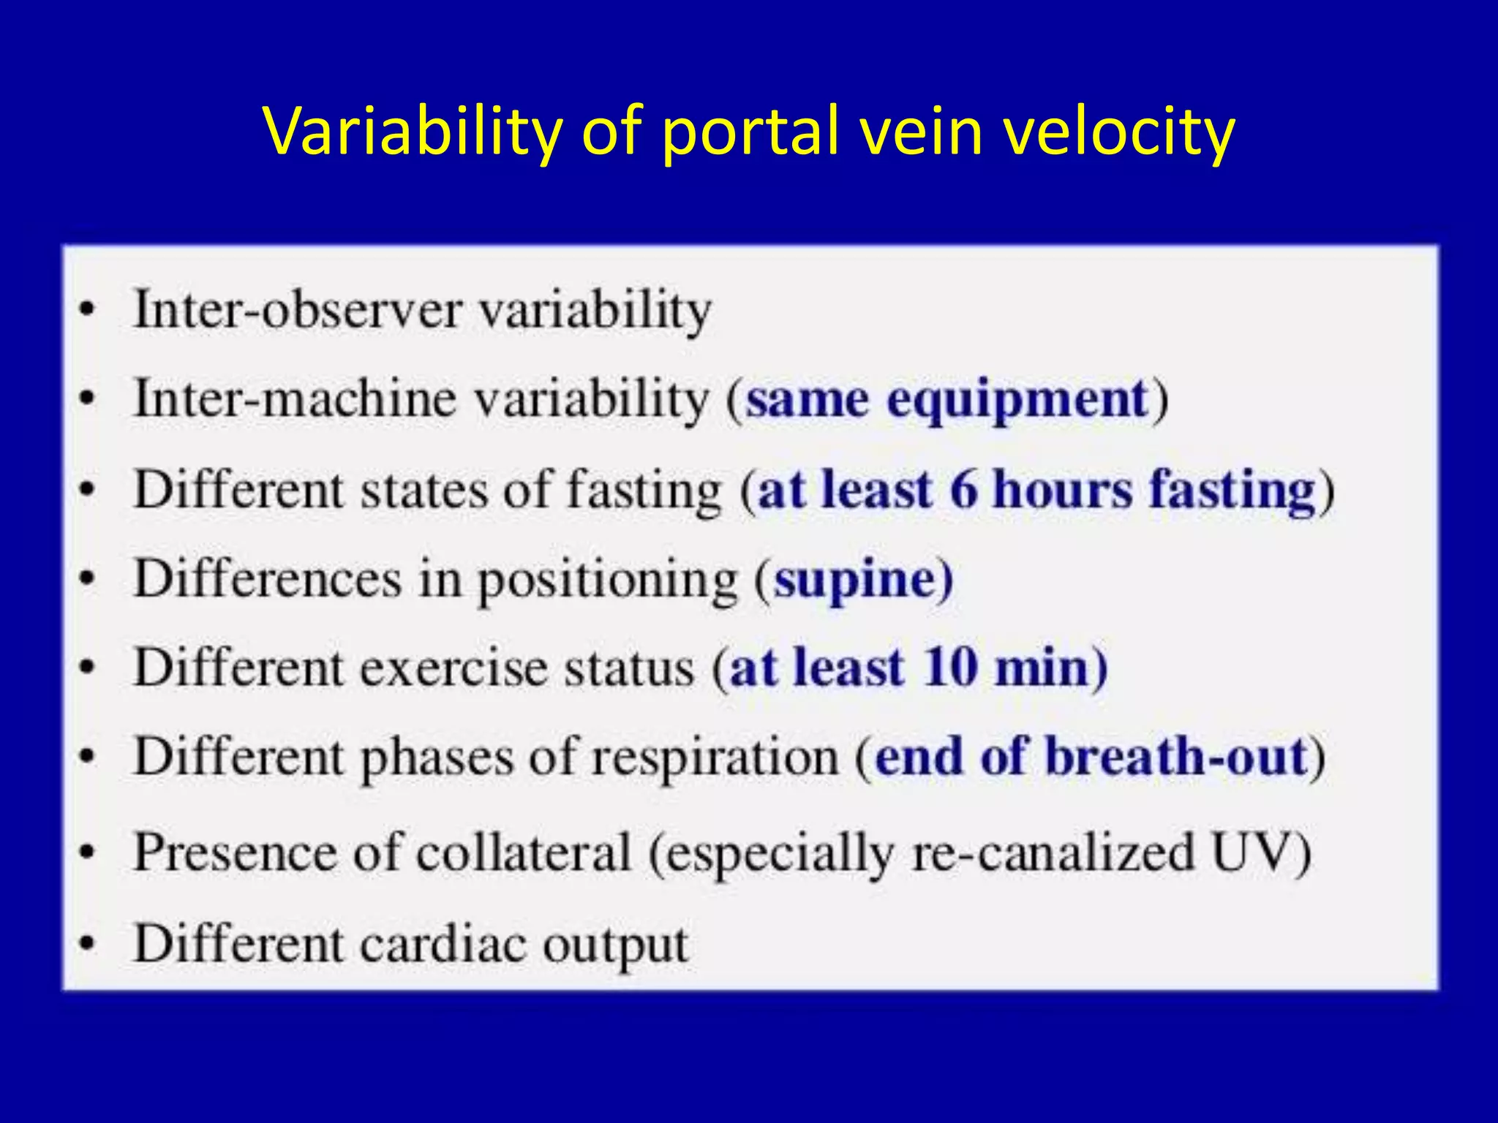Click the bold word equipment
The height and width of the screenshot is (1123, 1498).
click(1017, 401)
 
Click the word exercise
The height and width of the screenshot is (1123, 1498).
click(453, 668)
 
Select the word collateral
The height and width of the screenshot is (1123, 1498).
click(523, 852)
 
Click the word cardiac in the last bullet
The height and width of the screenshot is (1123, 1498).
click(443, 944)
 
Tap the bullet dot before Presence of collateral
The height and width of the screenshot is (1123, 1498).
click(88, 852)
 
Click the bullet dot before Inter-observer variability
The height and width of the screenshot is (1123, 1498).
click(88, 310)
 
